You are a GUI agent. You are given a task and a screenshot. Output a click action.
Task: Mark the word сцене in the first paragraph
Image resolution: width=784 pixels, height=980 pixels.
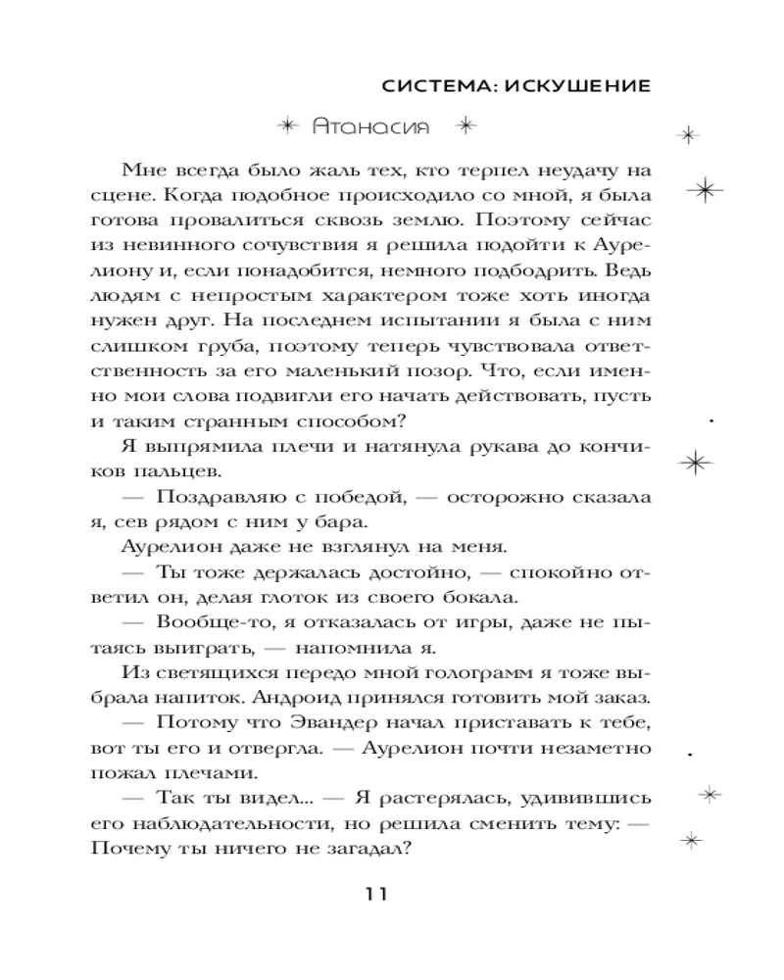coord(114,194)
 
